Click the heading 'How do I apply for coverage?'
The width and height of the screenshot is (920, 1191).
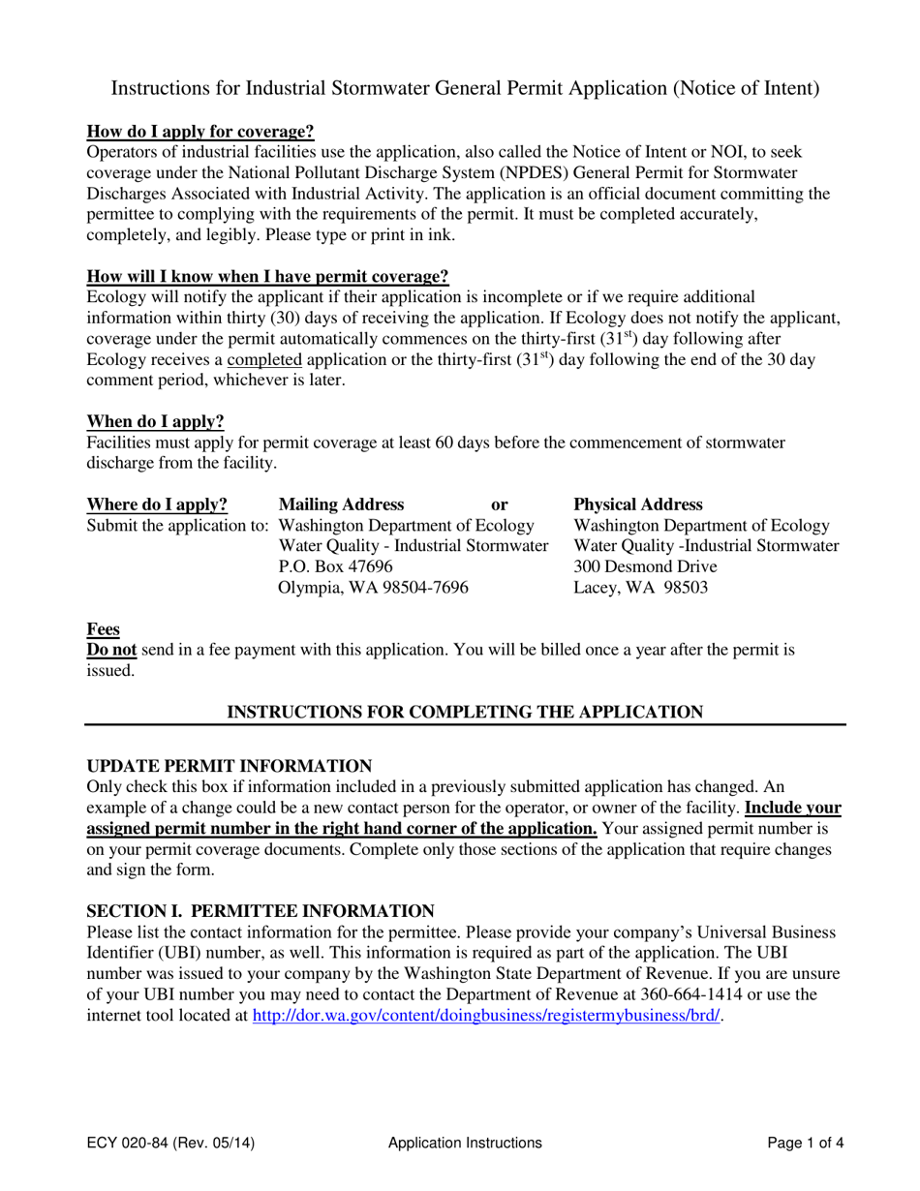tap(200, 132)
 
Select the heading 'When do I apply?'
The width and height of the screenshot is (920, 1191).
tap(155, 421)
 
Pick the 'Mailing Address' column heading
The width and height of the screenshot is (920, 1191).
tap(341, 504)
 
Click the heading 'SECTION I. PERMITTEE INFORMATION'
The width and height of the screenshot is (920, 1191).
tap(261, 911)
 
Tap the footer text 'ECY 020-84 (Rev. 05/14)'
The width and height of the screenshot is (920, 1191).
tap(171, 1143)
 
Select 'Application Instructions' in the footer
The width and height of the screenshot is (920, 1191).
tap(465, 1143)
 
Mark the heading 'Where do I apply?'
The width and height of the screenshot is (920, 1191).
tap(158, 504)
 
